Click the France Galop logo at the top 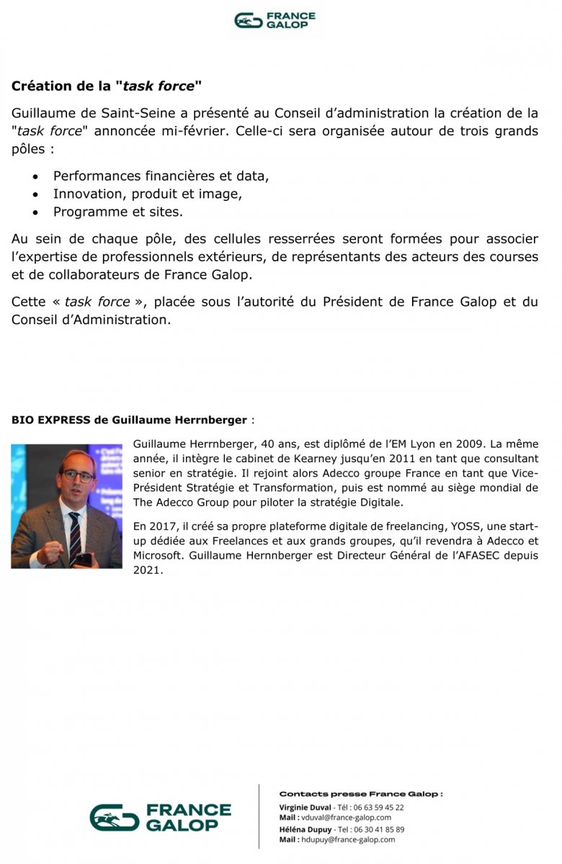275,20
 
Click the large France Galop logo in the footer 160,817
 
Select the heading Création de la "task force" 107,86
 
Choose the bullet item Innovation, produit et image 148,194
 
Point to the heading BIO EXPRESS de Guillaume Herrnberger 129,420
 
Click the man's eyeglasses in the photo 78,476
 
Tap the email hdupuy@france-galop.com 347,840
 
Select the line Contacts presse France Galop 360,793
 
